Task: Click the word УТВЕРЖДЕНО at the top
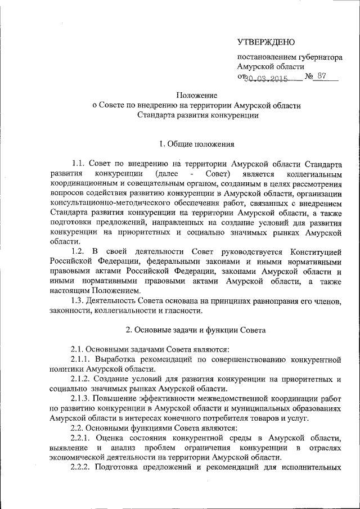[x=265, y=42]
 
